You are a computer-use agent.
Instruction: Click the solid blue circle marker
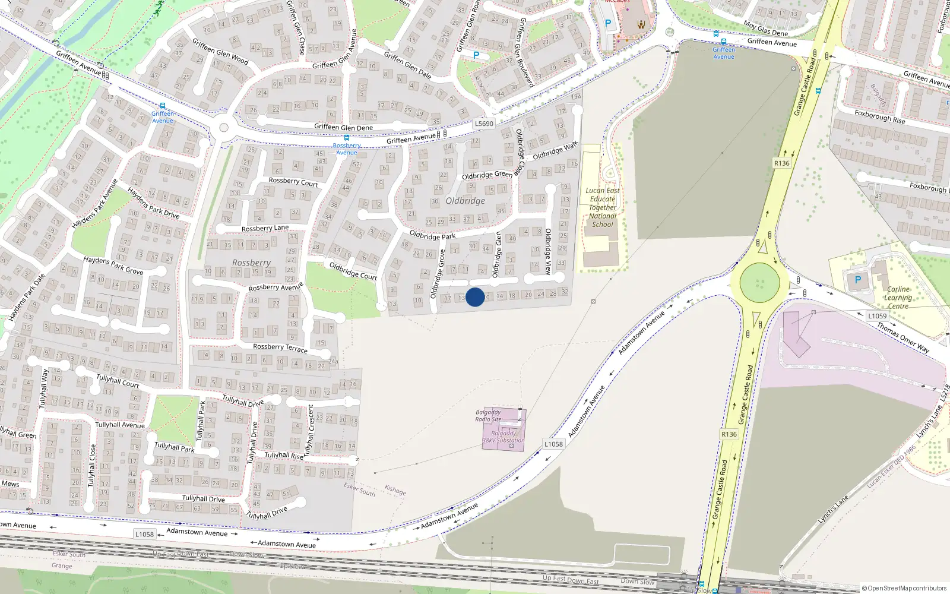coord(475,297)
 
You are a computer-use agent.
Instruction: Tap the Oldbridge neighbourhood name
coord(465,201)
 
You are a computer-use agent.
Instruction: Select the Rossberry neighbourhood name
coord(251,263)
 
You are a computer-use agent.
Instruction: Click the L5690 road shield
coord(484,124)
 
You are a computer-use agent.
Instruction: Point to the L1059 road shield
coord(877,316)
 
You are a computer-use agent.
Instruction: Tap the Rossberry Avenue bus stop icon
coord(347,138)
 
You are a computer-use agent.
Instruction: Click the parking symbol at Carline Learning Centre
coord(857,280)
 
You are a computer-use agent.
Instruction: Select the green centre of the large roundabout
coord(759,282)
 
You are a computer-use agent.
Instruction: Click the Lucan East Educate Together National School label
coord(603,207)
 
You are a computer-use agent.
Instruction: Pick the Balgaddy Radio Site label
coord(488,416)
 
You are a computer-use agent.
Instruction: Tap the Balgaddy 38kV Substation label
coord(503,437)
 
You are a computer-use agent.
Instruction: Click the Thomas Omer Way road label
coord(903,337)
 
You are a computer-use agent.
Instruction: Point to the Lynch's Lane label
coord(833,510)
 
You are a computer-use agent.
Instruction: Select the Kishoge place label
coord(395,490)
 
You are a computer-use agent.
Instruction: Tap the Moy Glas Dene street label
coord(766,29)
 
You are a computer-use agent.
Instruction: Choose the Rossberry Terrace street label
coord(280,347)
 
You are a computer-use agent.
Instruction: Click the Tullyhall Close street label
coord(91,466)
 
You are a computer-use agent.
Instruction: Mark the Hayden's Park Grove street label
coord(113,265)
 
